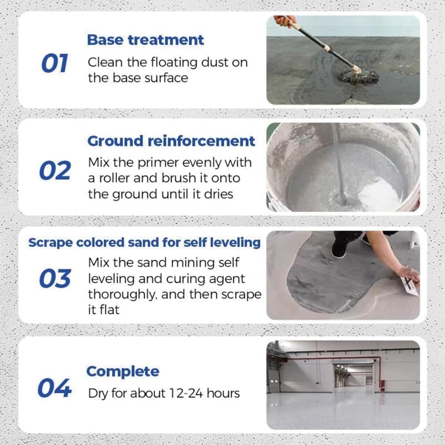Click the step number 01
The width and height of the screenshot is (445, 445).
55,64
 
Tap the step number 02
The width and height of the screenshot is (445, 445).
55,171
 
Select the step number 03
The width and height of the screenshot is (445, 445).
55,279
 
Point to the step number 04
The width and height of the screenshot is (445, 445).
54,388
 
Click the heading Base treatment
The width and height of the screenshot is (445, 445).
145,40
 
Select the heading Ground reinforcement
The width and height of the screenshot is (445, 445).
171,141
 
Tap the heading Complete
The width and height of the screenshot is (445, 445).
123,372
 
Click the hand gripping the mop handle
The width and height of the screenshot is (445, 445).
285,21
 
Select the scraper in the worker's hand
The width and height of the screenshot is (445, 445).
408,287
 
